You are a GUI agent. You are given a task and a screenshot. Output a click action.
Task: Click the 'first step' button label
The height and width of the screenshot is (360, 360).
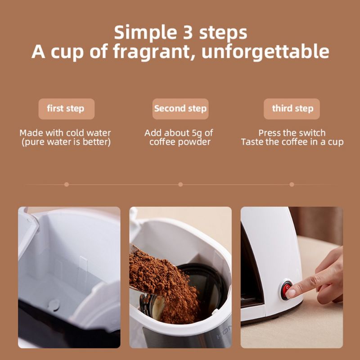tap(66, 108)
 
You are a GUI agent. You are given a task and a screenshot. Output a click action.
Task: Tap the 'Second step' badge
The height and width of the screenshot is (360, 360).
tap(180, 109)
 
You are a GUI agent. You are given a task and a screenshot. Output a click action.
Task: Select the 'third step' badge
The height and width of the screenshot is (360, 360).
tap(292, 109)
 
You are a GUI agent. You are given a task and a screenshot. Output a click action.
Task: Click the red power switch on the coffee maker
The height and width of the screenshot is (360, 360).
tap(286, 289)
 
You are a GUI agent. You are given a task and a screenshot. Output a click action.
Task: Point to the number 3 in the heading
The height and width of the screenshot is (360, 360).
tap(188, 32)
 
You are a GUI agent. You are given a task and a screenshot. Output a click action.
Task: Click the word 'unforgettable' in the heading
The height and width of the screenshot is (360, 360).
tap(265, 51)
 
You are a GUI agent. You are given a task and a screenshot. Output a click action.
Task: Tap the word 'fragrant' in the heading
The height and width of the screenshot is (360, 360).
tap(154, 52)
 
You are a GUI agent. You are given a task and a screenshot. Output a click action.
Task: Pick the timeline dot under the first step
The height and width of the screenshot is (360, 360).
tap(67, 184)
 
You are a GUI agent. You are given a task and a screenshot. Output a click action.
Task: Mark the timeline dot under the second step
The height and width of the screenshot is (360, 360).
tap(180, 184)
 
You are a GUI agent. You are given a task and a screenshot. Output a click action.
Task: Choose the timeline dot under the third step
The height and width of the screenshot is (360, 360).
tap(292, 184)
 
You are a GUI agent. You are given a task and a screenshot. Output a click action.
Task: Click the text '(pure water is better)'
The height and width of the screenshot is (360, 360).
tap(66, 142)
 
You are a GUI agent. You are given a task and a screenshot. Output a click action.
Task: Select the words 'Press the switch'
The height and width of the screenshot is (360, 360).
tap(292, 133)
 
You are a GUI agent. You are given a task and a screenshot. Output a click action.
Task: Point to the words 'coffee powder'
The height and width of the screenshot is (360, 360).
tap(180, 142)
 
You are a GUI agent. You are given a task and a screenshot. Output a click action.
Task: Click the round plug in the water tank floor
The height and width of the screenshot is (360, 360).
tap(54, 305)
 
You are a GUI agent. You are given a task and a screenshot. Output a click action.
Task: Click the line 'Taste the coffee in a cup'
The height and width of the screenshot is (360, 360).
tap(292, 142)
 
